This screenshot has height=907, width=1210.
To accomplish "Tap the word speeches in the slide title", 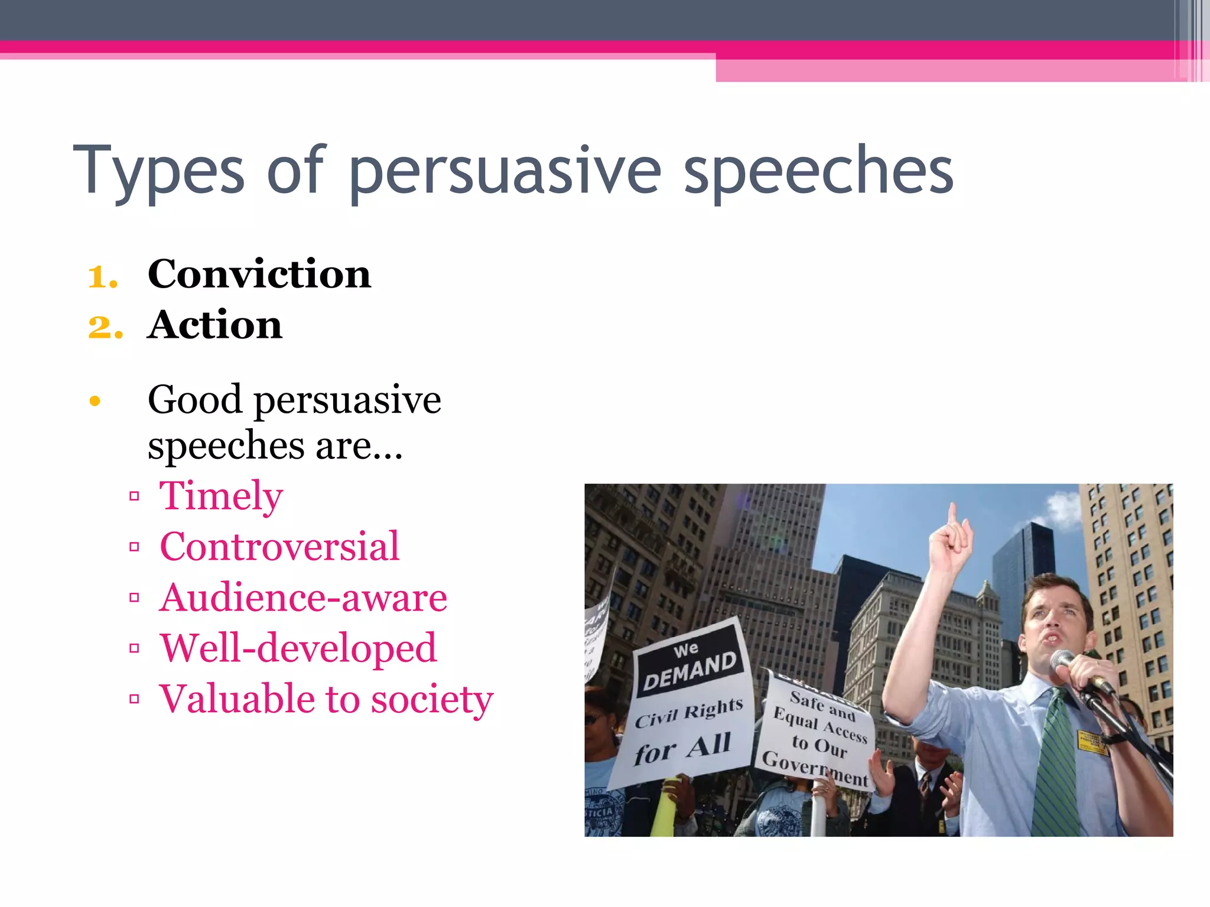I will click(818, 171).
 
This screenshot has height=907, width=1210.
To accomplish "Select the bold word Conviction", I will click(259, 275).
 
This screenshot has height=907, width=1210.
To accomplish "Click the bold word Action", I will click(215, 325).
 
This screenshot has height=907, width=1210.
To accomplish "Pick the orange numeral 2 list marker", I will click(105, 327).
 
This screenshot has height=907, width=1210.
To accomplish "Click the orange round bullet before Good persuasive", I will click(95, 402).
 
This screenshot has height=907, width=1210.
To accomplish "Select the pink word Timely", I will click(221, 496).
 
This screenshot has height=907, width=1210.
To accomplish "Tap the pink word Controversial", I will click(279, 547).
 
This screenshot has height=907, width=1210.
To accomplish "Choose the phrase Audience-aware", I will click(303, 598).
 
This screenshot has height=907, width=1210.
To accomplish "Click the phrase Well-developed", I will click(298, 648).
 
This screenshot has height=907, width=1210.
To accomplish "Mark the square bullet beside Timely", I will click(134, 497).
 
